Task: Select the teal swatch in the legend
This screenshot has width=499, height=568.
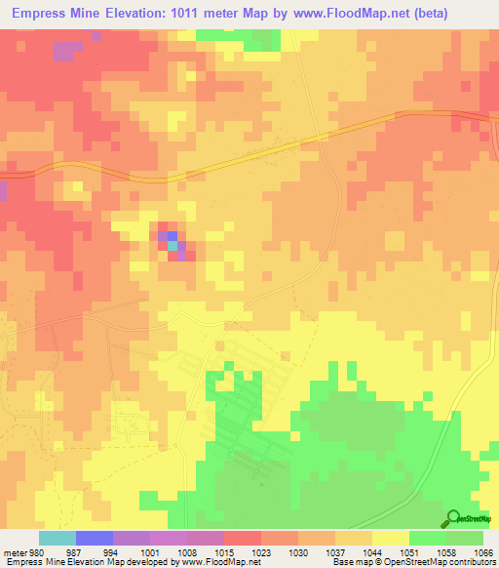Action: click(57, 538)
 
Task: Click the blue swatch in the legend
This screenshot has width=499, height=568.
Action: click(95, 538)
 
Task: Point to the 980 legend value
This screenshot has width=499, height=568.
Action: click(36, 552)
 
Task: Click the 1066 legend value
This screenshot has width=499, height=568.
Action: click(484, 552)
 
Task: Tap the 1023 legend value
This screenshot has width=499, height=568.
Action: click(261, 552)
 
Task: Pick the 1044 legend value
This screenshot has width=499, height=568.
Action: click(372, 552)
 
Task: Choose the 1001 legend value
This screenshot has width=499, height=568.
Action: click(149, 552)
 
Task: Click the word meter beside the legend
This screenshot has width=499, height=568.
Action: click(13, 552)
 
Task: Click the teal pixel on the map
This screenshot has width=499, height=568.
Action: click(173, 246)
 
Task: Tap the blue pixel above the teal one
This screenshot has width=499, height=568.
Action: click(173, 235)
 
